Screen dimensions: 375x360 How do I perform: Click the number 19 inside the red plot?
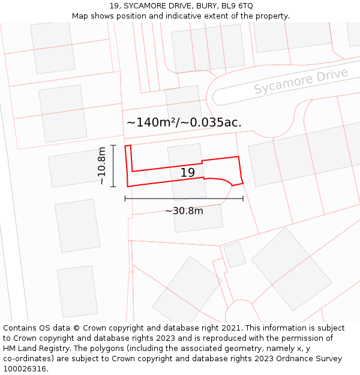point(188,173)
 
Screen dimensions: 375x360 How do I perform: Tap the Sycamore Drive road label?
point(301,82)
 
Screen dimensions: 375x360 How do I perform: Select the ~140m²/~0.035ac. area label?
point(184,122)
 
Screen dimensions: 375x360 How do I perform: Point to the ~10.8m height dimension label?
point(102,166)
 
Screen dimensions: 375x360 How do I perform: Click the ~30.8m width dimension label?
point(184,211)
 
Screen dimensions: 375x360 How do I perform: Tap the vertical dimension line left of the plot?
point(113,166)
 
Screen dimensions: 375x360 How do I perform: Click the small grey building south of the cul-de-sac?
point(235,254)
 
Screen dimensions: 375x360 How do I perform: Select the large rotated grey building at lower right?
point(291,268)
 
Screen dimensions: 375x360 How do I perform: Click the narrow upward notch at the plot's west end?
point(128,148)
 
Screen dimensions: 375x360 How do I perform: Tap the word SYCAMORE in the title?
point(147,6)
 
